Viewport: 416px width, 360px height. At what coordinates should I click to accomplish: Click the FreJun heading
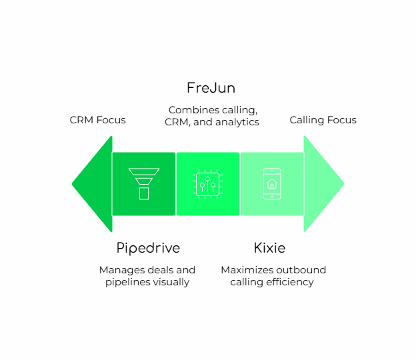click(x=211, y=88)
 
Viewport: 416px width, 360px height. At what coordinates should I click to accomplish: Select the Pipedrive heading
click(x=148, y=248)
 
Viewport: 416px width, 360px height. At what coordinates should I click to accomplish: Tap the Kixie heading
click(x=269, y=248)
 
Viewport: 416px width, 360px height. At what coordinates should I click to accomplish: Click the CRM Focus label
click(x=97, y=120)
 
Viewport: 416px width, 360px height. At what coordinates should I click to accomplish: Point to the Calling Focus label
click(x=323, y=120)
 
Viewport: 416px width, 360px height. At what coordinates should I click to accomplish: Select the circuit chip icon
click(x=208, y=184)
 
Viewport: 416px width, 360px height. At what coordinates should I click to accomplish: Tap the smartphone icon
click(x=272, y=184)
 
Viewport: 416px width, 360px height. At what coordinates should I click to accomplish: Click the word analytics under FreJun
click(x=237, y=122)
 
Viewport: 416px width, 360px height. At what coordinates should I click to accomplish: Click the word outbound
click(x=301, y=270)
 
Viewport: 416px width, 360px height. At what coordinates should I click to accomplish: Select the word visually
click(x=171, y=282)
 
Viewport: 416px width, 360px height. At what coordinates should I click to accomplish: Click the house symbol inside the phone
click(x=272, y=184)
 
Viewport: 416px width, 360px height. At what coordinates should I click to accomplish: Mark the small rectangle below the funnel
click(x=143, y=193)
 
